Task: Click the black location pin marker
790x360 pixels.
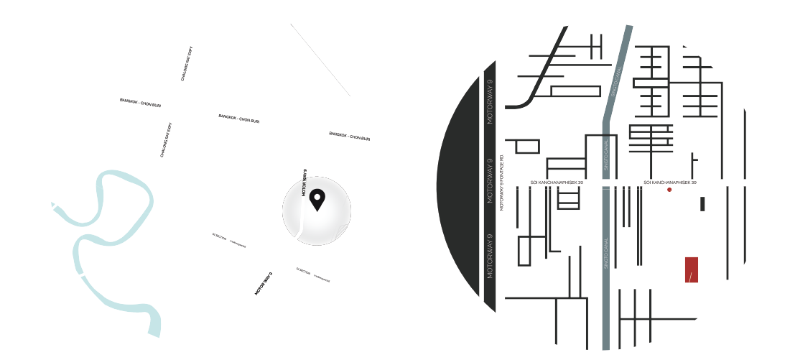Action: click(317, 198)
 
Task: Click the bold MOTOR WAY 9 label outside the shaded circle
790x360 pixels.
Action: click(264, 284)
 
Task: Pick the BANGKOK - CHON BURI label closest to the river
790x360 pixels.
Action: click(140, 103)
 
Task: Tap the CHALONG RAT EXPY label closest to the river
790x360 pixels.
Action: click(166, 140)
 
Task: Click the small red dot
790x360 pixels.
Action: click(669, 190)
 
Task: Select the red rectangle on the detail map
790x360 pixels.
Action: click(692, 269)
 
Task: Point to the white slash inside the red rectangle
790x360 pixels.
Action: click(690, 277)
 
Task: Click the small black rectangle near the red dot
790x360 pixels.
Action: click(702, 204)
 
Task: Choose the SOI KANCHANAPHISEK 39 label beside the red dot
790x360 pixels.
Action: click(669, 183)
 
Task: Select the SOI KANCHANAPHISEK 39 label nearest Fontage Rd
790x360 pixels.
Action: click(556, 183)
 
